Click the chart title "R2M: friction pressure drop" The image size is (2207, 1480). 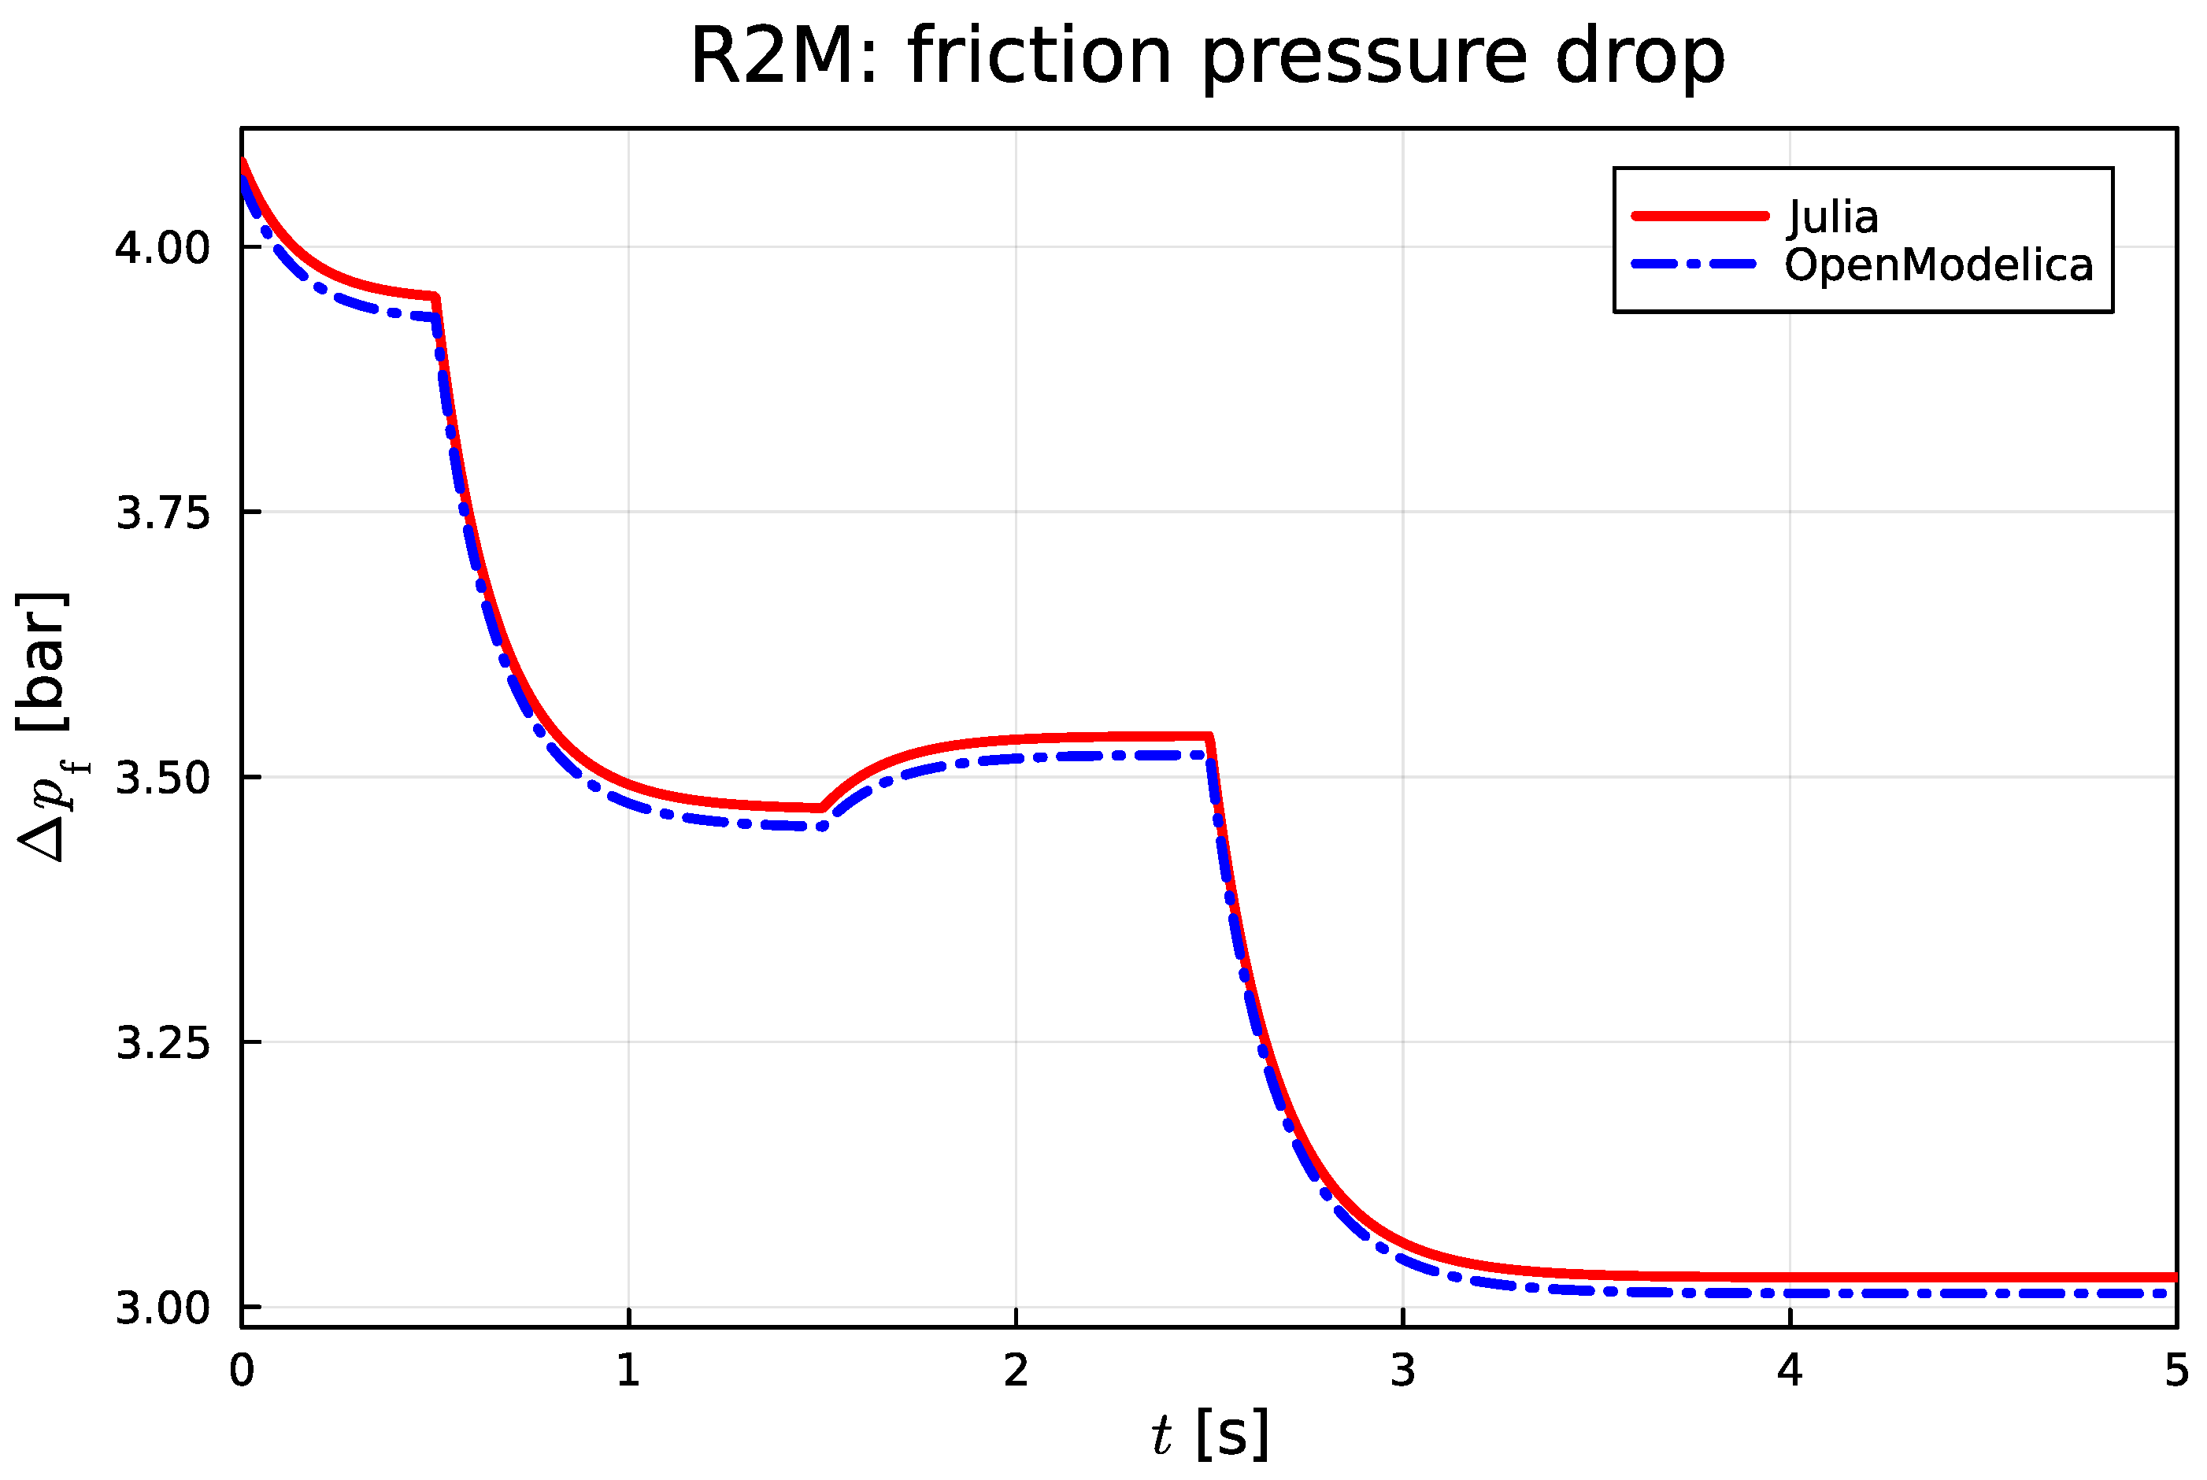click(1207, 57)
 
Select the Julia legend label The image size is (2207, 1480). click(1832, 217)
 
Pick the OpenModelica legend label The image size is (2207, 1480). click(1938, 265)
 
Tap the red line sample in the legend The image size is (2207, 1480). click(1699, 216)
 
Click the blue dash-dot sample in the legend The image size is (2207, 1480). click(1694, 265)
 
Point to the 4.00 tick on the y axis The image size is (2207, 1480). click(161, 248)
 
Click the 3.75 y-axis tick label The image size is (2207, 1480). click(161, 513)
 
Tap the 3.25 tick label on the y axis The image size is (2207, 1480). click(161, 1043)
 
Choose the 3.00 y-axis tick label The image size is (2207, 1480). click(161, 1308)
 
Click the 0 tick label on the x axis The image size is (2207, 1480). click(242, 1371)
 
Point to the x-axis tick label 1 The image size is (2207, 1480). click(628, 1371)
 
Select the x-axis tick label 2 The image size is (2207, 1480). click(1016, 1371)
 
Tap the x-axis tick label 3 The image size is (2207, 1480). click(1403, 1371)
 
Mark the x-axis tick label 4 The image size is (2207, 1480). click(1790, 1371)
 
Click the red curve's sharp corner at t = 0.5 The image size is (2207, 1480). click(435, 298)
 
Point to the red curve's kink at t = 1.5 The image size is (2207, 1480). click(822, 808)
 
